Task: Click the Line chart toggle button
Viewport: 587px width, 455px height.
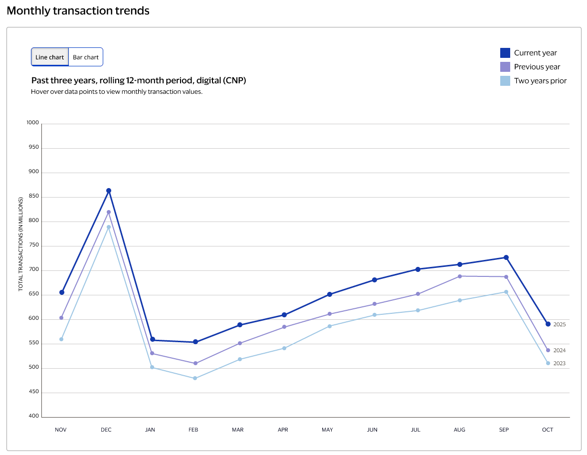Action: click(49, 57)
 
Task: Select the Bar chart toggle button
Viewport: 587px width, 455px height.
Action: click(86, 57)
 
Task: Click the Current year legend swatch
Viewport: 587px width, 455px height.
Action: click(505, 53)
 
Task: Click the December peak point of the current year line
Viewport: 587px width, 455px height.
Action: click(109, 191)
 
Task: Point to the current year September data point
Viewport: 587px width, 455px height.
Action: click(506, 257)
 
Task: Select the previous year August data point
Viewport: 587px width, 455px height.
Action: click(460, 276)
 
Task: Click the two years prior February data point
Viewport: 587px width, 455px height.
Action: click(195, 378)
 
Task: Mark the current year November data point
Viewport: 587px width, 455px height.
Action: click(62, 292)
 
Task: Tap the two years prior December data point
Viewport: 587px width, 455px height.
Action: click(109, 227)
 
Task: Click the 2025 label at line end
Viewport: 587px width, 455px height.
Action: click(559, 324)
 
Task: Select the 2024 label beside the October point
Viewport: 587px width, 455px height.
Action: click(559, 350)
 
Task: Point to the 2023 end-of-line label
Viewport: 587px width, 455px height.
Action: click(559, 363)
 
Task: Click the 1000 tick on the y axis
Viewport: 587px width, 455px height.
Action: click(32, 123)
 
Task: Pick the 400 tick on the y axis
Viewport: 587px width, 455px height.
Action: click(33, 416)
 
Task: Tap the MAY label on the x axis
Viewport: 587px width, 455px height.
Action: click(327, 430)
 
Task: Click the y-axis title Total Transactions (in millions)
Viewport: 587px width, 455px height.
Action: click(21, 244)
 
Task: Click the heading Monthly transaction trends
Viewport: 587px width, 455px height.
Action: click(78, 10)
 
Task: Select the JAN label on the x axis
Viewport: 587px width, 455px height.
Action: click(150, 430)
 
